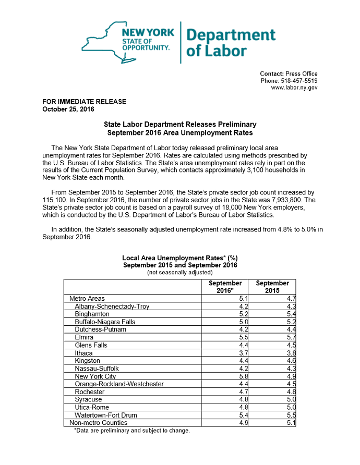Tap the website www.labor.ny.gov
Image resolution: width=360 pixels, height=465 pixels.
tap(294, 88)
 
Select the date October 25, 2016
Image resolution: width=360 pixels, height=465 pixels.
tap(65, 109)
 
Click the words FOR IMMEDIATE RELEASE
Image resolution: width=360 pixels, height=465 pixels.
tap(84, 102)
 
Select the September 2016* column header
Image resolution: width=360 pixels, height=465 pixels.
tap(225, 287)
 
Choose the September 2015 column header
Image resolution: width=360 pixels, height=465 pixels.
tap(272, 287)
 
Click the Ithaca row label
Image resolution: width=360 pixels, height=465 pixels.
tap(84, 353)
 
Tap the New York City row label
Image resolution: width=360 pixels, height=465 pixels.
tap(95, 376)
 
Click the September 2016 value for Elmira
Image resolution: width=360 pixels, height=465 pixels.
tap(244, 337)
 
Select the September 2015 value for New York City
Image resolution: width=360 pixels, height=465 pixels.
tap(291, 376)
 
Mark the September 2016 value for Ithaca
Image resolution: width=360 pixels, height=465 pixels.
tap(244, 353)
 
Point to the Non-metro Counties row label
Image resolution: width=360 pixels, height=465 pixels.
tap(98, 423)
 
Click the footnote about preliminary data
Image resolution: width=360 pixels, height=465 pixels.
tap(132, 431)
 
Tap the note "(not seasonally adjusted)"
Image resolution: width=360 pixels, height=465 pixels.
tap(179, 273)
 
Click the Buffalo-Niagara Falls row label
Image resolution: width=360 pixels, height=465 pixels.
tap(105, 322)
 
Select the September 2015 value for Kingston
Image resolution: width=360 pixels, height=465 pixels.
tap(291, 361)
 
